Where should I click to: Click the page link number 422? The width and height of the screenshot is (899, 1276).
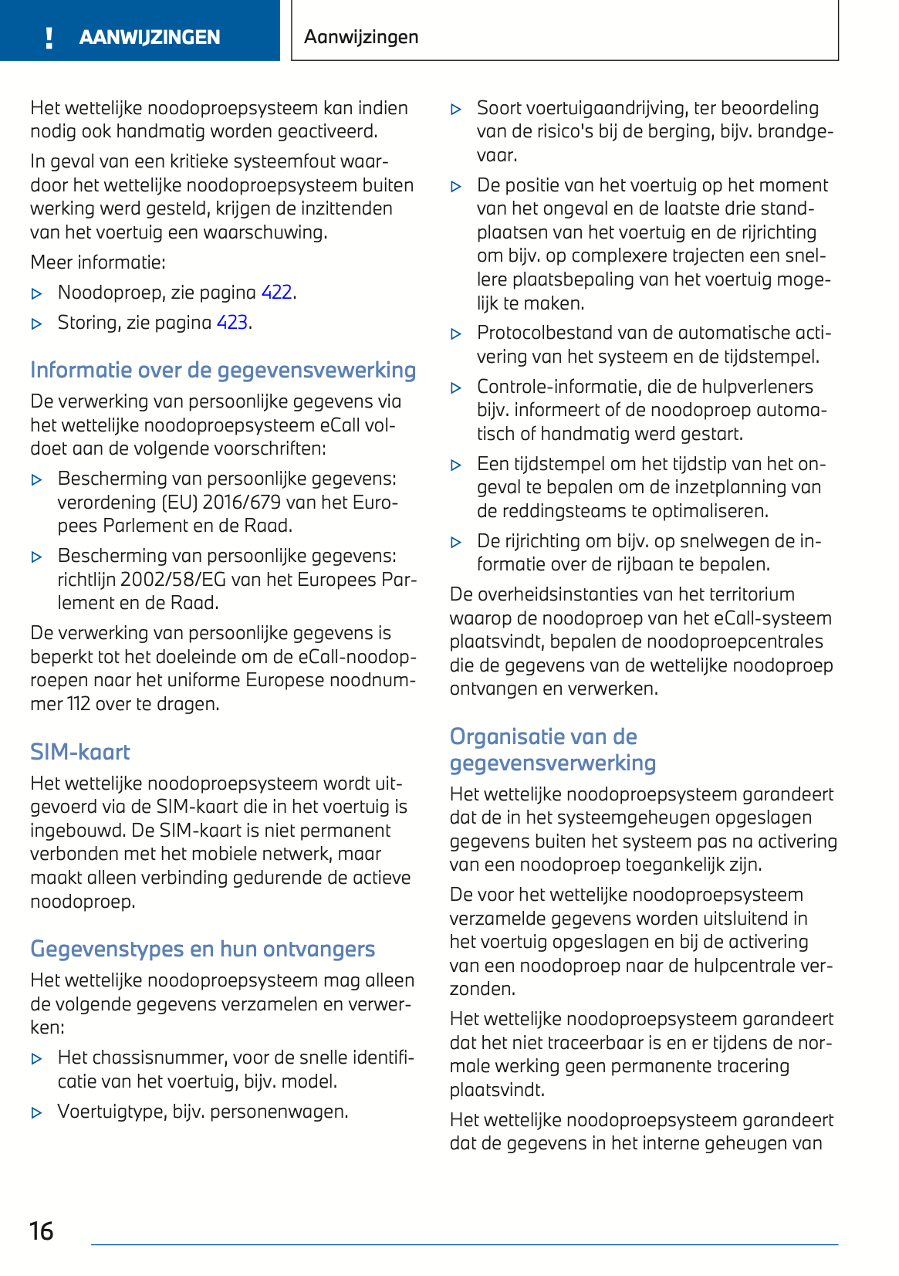pos(276,293)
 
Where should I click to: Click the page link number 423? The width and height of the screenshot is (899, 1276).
pos(232,323)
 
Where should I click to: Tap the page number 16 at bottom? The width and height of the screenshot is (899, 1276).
pos(42,1230)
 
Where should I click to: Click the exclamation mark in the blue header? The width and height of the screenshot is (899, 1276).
pos(49,37)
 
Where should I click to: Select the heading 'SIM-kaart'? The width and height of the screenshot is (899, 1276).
pos(80,752)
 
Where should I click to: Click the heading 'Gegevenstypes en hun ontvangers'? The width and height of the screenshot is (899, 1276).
pos(202,949)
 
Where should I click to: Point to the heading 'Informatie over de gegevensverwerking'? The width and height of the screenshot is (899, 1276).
pos(222,371)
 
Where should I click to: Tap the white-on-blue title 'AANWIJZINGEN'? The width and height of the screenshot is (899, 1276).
pos(150,37)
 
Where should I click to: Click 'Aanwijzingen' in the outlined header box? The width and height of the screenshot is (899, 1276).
pos(361,37)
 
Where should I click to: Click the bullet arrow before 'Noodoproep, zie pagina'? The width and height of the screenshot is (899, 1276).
pos(36,294)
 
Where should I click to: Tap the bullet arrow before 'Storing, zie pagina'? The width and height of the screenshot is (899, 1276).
pos(36,324)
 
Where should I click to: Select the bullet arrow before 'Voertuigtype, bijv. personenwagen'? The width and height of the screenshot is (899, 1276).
pos(36,1113)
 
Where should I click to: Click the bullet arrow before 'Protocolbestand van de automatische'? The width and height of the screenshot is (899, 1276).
pos(456,334)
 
